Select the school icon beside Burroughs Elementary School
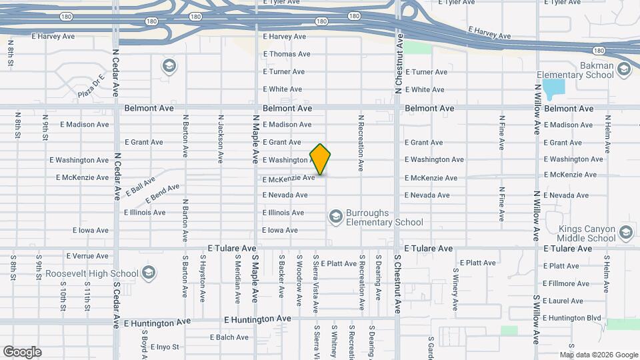(x=335, y=216)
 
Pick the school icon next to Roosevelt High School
(x=149, y=273)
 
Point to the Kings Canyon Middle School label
(x=587, y=233)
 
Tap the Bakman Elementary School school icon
(x=624, y=69)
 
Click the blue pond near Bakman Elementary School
(x=553, y=87)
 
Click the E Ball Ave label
(x=139, y=186)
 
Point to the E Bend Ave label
(x=163, y=193)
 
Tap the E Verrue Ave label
(x=87, y=256)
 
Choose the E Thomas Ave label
(x=287, y=54)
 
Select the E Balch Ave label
(x=229, y=337)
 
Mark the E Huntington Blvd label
(x=572, y=318)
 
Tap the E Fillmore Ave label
(x=567, y=283)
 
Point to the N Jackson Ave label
(x=220, y=139)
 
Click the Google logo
(x=22, y=351)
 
